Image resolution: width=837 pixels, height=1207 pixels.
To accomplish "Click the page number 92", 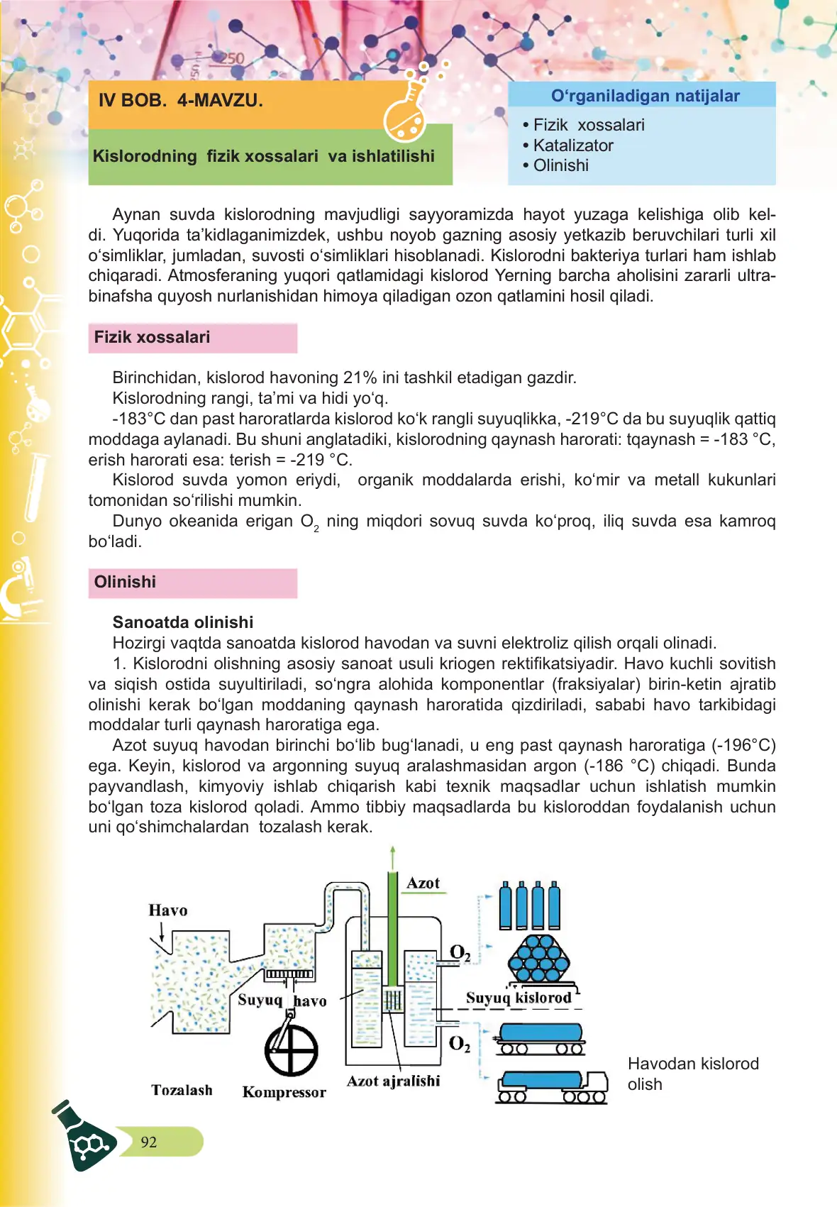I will coord(149,1142).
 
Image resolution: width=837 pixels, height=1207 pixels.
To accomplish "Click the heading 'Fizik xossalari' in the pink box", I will coord(152,337).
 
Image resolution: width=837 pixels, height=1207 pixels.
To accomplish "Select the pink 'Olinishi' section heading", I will coord(125,582).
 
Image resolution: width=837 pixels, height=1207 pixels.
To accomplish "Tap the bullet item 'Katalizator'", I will coord(572,145).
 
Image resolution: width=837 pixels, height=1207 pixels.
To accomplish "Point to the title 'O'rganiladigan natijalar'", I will coord(645,96).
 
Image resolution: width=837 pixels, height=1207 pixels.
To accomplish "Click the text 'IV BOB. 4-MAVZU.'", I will coord(180,100).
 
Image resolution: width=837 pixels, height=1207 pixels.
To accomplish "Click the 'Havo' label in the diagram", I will coord(168,910).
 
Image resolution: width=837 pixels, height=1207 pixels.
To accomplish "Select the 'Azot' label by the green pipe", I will coord(423,883).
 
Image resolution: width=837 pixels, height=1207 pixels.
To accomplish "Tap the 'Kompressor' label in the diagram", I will coord(284,1092).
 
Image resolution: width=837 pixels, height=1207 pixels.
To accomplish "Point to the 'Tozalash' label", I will coord(182,1090).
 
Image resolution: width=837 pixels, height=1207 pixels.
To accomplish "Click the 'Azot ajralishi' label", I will coord(393,1081).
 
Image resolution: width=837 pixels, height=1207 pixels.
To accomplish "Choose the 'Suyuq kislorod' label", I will coord(519,998).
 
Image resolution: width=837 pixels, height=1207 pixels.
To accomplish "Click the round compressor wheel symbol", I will coord(291,1051).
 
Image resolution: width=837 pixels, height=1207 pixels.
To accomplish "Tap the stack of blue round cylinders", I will coord(539,957).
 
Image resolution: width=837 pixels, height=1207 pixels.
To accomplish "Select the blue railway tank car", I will coord(541,1037).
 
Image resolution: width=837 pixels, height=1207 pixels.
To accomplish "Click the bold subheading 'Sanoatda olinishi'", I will coord(183,622).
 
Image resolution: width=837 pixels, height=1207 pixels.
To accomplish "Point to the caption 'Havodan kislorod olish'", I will coord(692,1074).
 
